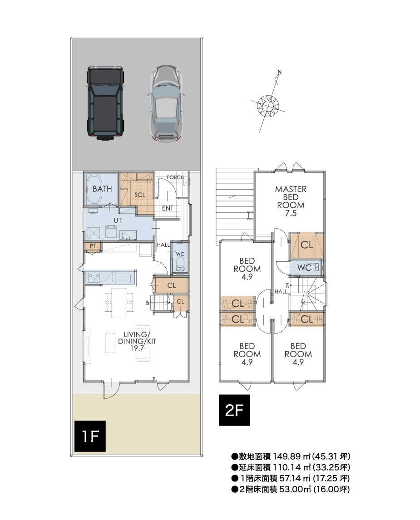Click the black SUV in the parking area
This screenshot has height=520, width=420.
coord(105,103)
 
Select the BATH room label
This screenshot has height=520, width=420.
coord(102,189)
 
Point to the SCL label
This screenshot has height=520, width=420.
coord(140,195)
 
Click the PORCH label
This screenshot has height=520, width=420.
coord(175,177)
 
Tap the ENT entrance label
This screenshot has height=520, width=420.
coord(168,208)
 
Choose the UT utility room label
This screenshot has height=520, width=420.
coord(118,220)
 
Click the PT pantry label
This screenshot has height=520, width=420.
coord(93,246)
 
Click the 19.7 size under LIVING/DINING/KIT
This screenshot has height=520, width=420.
coord(137,348)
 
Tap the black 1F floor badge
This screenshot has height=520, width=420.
coord(90,436)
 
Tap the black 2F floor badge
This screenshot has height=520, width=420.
coord(234,410)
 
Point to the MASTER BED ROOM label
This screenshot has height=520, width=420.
coord(291,201)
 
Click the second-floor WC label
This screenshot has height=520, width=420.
coord(304,267)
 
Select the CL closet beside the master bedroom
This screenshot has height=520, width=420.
coord(306,245)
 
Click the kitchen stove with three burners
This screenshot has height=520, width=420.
coord(94,277)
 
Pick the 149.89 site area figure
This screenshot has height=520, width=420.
coord(287,456)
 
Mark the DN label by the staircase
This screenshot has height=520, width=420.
coord(287,286)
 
